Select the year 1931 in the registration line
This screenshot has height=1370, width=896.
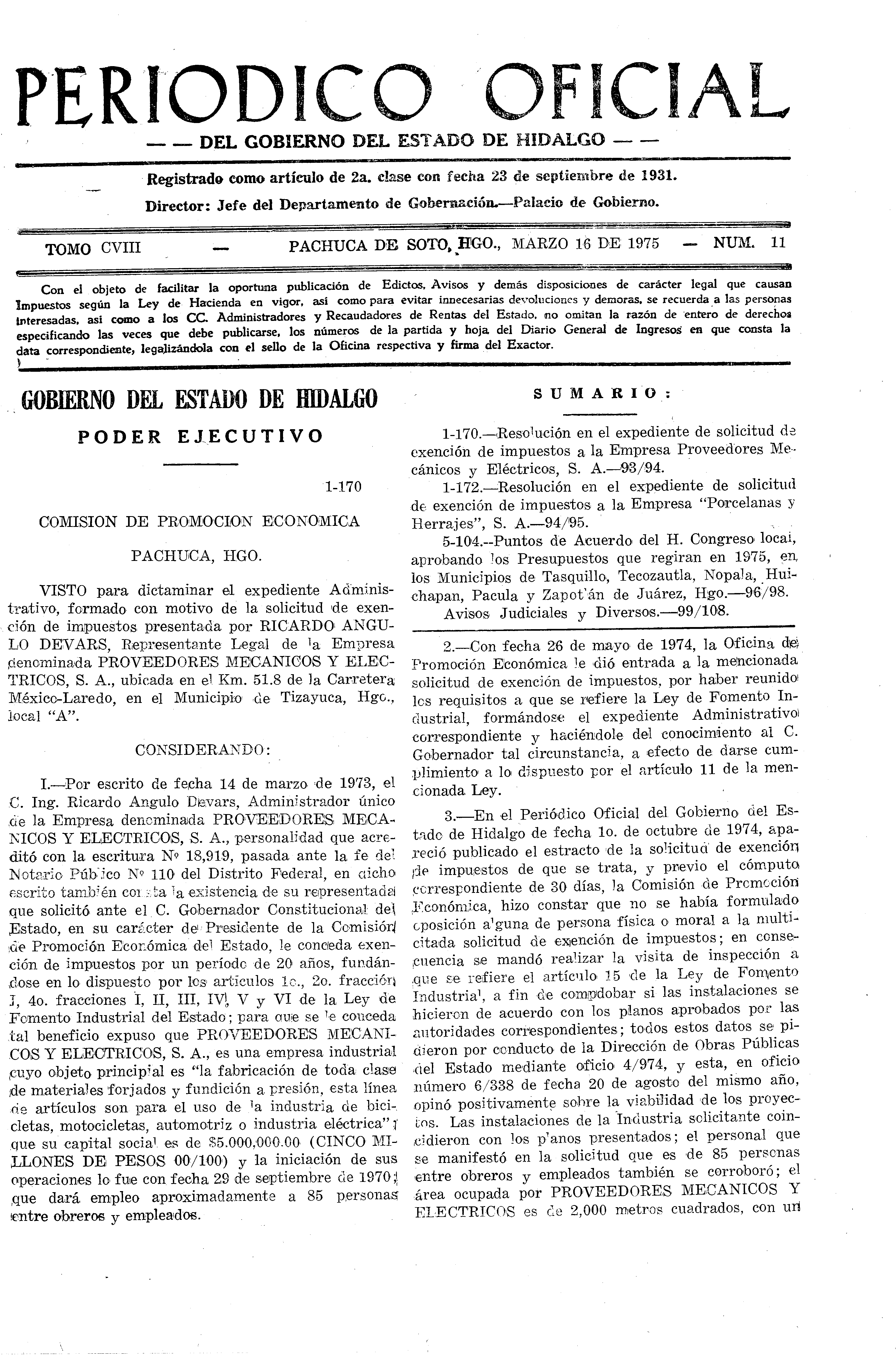tap(659, 175)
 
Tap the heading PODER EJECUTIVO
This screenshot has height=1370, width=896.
tap(200, 436)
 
